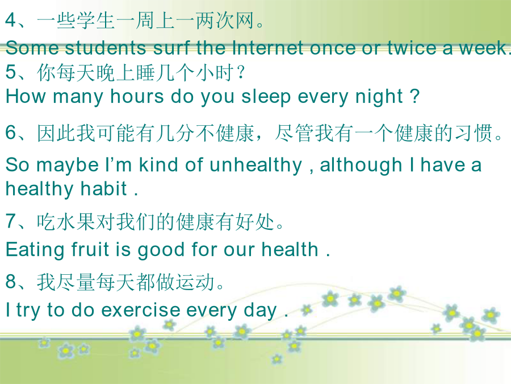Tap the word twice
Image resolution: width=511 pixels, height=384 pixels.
(412, 48)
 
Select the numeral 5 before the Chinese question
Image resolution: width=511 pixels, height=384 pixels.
(11, 72)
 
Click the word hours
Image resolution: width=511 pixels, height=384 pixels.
(137, 97)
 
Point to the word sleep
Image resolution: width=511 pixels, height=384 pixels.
(266, 98)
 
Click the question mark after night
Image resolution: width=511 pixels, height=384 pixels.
(414, 96)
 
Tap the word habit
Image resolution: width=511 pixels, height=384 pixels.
(104, 189)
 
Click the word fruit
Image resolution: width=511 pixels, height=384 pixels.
(90, 250)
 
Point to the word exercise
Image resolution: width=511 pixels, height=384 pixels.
(141, 310)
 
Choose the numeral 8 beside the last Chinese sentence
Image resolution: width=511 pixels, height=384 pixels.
(11, 282)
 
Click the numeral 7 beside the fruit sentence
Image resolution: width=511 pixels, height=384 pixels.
(11, 221)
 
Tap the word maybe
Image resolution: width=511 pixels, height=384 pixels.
(68, 166)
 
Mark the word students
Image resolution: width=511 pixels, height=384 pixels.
(105, 48)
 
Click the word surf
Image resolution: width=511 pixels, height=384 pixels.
(172, 48)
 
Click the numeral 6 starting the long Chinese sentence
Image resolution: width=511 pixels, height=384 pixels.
(11, 133)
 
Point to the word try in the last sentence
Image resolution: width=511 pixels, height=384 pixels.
(28, 311)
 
